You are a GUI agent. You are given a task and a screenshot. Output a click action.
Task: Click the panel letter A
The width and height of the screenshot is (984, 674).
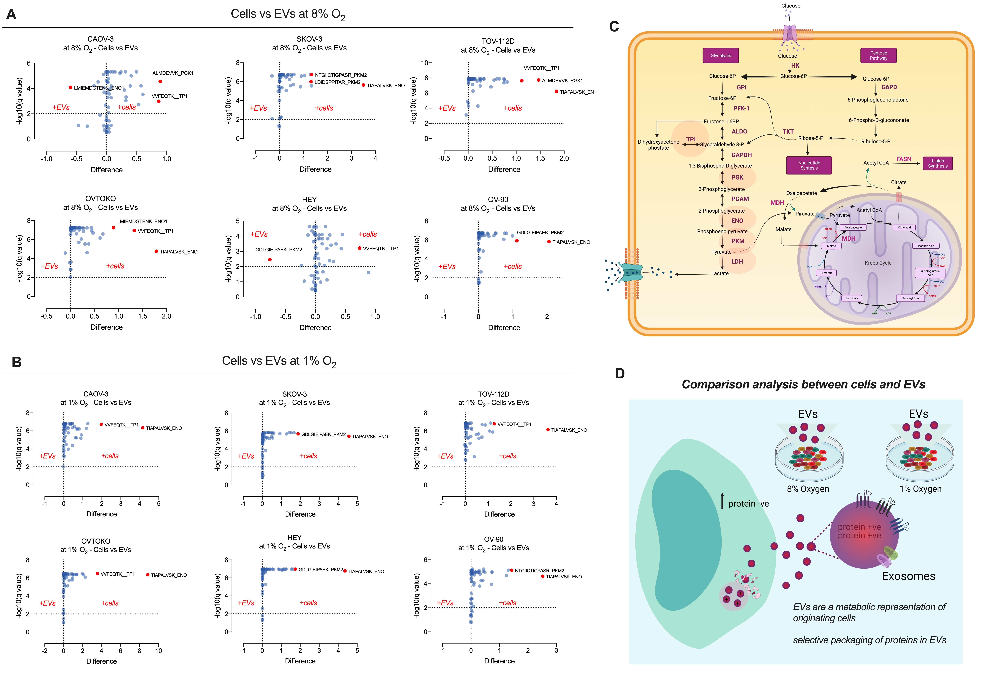11,15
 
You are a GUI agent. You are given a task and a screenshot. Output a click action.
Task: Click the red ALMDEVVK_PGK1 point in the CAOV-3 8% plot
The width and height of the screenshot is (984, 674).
160,81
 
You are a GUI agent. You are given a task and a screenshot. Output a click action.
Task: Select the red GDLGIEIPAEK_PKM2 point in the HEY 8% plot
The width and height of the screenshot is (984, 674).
270,260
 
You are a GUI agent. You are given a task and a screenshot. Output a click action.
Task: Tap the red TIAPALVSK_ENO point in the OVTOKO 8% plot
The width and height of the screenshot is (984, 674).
156,251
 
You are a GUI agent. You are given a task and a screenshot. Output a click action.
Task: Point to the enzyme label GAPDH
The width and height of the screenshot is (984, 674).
741,155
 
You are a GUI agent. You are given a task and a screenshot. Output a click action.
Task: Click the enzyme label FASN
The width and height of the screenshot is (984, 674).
904,159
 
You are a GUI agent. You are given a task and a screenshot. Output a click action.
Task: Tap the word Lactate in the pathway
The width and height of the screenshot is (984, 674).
720,274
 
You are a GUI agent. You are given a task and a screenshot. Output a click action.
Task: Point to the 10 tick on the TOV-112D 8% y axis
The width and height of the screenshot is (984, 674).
424,63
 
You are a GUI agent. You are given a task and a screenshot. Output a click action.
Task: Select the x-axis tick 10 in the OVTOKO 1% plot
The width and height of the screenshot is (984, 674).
158,651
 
